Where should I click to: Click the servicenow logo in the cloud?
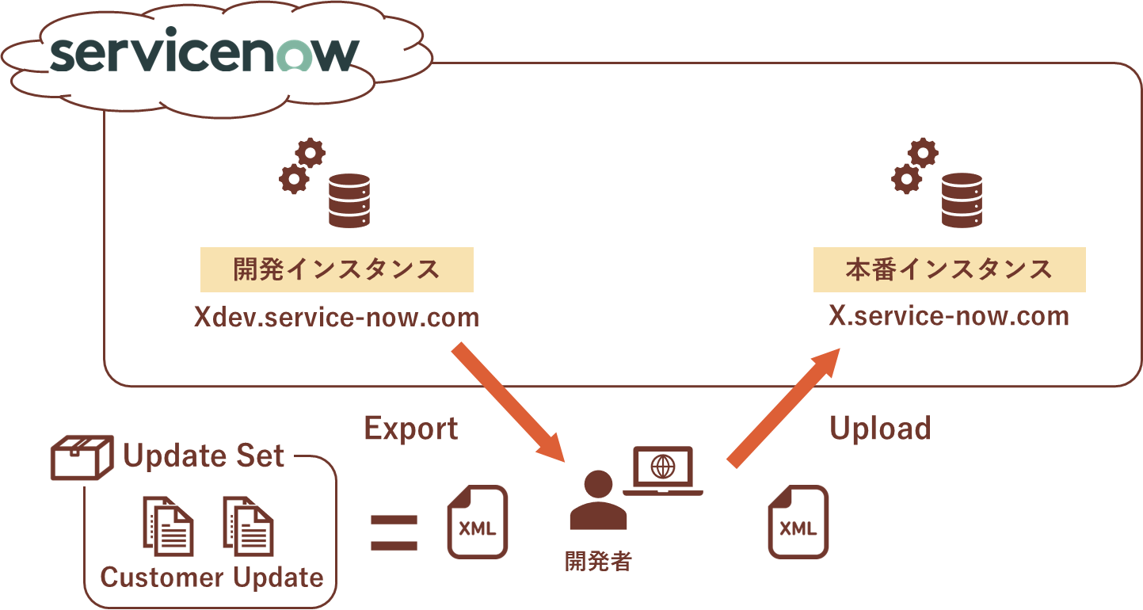[204, 49]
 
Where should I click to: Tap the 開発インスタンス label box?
[337, 269]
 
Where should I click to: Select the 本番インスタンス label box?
[949, 269]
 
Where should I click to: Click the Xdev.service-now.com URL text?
[337, 317]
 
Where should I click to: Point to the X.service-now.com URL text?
[949, 315]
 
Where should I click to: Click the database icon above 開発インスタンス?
[349, 200]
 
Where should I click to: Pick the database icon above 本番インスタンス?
[962, 200]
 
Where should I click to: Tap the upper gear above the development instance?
[310, 152]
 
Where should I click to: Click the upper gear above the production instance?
[923, 152]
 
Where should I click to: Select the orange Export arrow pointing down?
[509, 402]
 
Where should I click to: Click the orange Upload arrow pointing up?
[783, 408]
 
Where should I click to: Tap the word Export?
[411, 429]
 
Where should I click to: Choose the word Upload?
[881, 428]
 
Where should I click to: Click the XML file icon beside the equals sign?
[478, 522]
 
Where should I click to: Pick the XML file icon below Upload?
[798, 522]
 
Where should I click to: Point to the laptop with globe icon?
[663, 471]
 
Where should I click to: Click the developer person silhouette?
[598, 500]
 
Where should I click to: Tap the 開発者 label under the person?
[598, 562]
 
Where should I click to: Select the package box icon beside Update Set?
[82, 457]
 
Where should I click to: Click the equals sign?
[394, 533]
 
